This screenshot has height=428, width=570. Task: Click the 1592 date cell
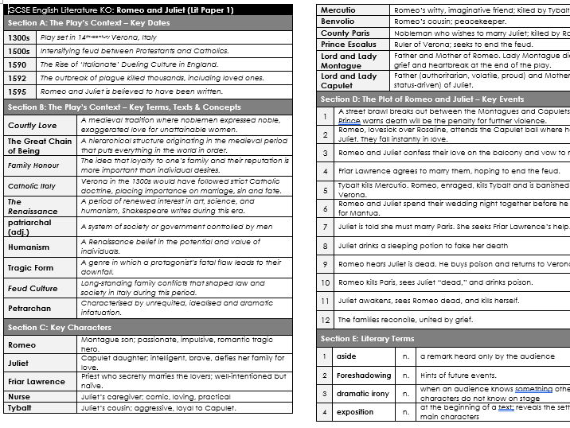click(x=18, y=78)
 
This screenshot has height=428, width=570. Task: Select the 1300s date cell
click(x=18, y=37)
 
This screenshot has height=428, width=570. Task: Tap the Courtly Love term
click(x=33, y=125)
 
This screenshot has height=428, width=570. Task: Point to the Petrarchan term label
click(x=29, y=308)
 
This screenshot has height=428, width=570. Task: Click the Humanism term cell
click(x=29, y=247)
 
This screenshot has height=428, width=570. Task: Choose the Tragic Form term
click(x=31, y=267)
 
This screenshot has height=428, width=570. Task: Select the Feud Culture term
click(x=33, y=288)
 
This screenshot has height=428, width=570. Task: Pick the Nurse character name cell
click(x=19, y=396)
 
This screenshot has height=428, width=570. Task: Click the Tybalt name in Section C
click(x=21, y=408)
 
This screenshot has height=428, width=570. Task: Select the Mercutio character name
click(x=338, y=10)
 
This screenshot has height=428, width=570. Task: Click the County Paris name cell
click(x=346, y=33)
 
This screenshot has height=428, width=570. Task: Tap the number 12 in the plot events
click(x=325, y=320)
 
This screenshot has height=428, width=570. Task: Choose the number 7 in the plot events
click(x=325, y=226)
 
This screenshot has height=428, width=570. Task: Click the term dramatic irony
click(x=363, y=393)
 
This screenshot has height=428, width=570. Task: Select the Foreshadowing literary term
click(x=364, y=375)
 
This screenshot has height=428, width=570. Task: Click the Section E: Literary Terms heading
click(x=367, y=339)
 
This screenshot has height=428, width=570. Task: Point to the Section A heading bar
click(x=148, y=22)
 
